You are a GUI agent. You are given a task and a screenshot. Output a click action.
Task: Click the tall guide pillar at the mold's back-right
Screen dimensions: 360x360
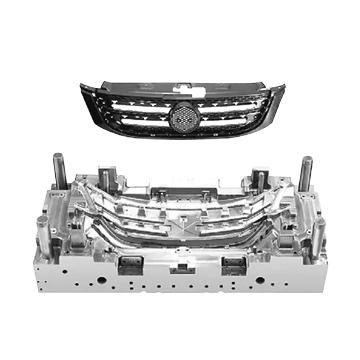click(305, 172)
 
